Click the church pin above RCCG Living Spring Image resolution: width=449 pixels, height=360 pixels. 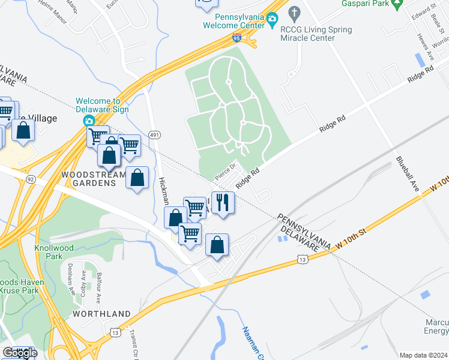click(x=294, y=12)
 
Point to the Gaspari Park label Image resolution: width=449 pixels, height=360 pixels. click(x=363, y=4)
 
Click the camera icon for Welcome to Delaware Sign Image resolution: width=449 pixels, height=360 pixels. click(x=89, y=121)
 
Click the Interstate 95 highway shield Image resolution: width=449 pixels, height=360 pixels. click(x=237, y=38)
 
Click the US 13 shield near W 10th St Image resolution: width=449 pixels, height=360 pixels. click(x=303, y=259)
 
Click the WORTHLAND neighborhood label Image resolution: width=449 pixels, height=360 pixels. click(x=101, y=314)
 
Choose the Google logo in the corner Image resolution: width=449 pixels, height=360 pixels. click(x=20, y=353)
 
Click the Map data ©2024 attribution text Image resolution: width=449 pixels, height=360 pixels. click(x=424, y=355)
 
